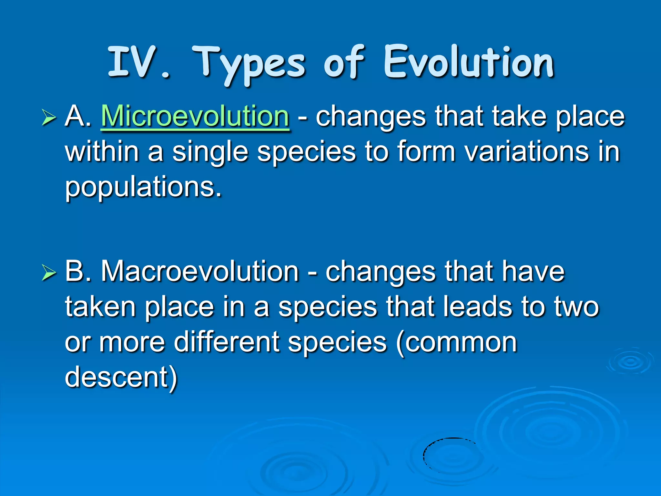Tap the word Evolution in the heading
(x=469, y=62)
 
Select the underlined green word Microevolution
(x=195, y=116)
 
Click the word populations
(x=143, y=187)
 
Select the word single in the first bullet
(x=210, y=152)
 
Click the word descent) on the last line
(x=121, y=377)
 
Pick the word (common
(x=456, y=342)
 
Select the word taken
(x=100, y=307)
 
